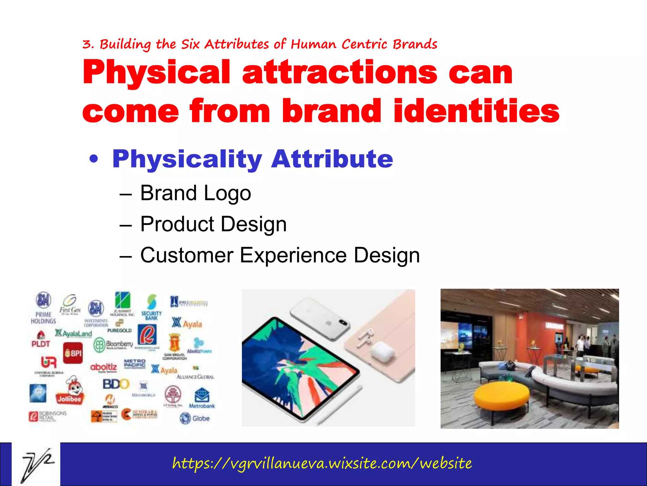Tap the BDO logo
click(116, 384)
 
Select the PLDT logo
click(40, 340)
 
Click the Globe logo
click(195, 418)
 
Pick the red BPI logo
click(73, 353)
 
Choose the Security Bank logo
click(152, 307)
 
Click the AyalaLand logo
click(73, 333)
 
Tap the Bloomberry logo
click(113, 345)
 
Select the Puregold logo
click(119, 327)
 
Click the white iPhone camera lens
click(342, 323)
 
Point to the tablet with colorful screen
click(300, 367)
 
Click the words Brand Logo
click(196, 193)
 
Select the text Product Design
click(214, 224)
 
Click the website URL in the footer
click(322, 464)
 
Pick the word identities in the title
click(476, 111)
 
